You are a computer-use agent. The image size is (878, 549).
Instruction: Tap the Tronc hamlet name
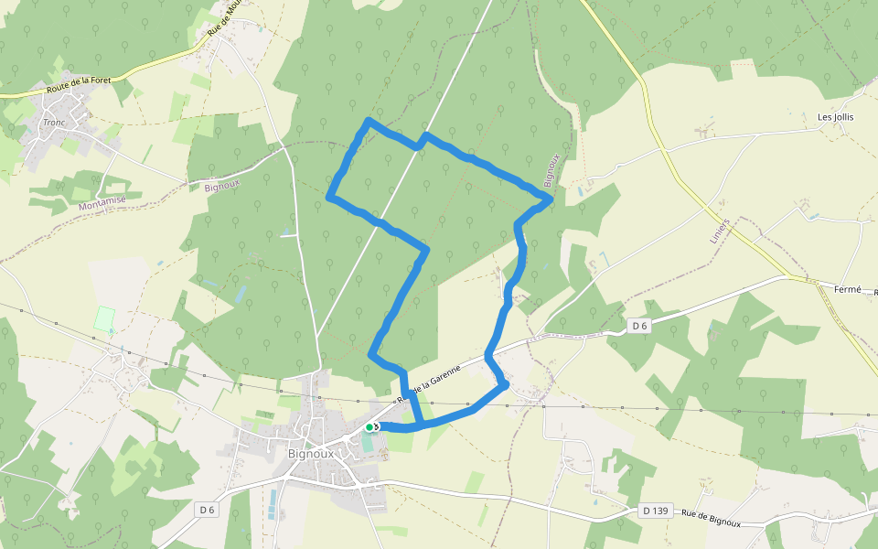pyautogui.click(x=53, y=122)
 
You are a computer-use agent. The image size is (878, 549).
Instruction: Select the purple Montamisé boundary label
pyautogui.click(x=101, y=203)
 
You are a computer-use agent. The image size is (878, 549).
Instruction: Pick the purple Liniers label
pyautogui.click(x=722, y=230)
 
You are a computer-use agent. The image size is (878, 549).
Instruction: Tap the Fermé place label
pyautogui.click(x=848, y=289)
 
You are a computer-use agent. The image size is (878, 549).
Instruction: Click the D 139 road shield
pyautogui.click(x=654, y=510)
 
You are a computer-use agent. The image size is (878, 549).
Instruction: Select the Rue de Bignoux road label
pyautogui.click(x=711, y=518)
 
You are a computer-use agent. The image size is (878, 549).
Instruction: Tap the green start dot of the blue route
pyautogui.click(x=369, y=426)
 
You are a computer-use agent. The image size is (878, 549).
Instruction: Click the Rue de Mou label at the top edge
pyautogui.click(x=223, y=18)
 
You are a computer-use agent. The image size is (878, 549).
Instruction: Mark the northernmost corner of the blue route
pyautogui.click(x=368, y=120)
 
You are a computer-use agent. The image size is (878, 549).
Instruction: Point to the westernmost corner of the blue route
pyautogui.click(x=329, y=196)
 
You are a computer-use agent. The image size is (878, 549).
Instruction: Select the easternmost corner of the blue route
pyautogui.click(x=550, y=199)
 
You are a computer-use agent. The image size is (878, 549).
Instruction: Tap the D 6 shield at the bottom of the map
pyautogui.click(x=208, y=508)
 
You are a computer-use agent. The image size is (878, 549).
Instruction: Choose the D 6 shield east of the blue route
pyautogui.click(x=638, y=326)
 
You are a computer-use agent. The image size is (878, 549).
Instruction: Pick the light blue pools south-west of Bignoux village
pyautogui.click(x=272, y=504)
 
